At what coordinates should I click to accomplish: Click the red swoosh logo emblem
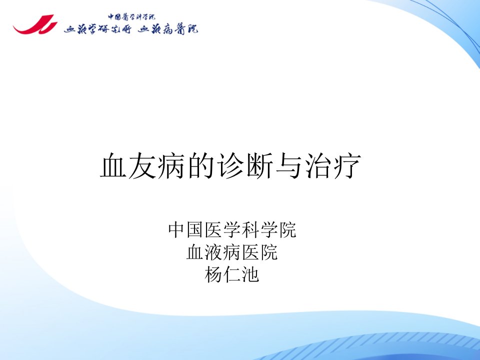tap(35, 25)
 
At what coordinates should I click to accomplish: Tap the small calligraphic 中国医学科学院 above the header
tap(131, 16)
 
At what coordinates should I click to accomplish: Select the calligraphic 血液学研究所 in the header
tap(97, 29)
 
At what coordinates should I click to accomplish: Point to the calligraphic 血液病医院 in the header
tap(168, 29)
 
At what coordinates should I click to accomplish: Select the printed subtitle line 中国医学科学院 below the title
tap(232, 230)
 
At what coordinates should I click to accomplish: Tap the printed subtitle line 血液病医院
tap(232, 252)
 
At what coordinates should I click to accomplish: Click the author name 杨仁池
tap(232, 274)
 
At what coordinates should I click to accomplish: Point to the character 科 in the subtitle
tap(250, 230)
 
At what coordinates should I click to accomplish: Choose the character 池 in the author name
tap(250, 274)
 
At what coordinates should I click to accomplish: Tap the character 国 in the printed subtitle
tap(196, 230)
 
